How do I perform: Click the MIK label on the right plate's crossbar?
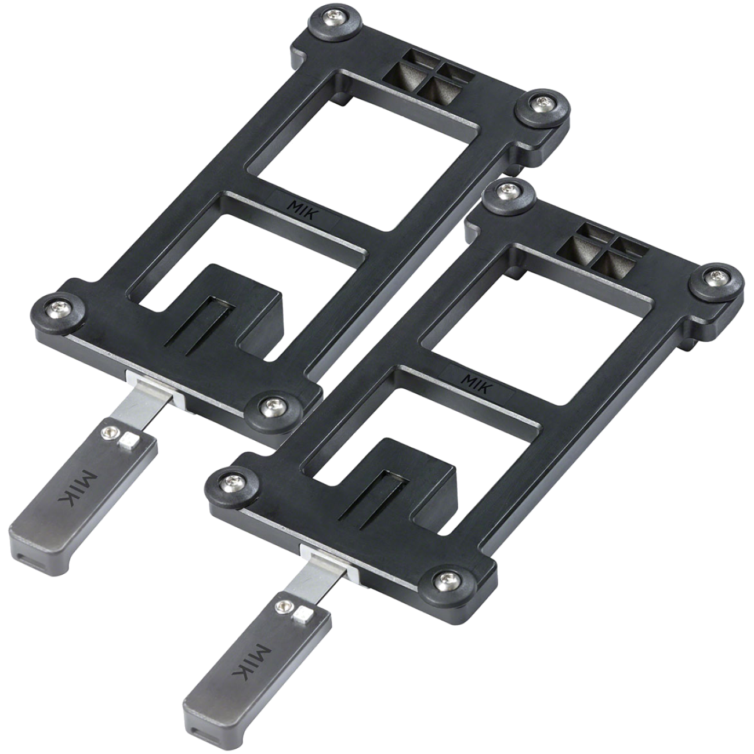(x=477, y=380)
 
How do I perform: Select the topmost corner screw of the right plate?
(x=509, y=190)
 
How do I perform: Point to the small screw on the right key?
(x=284, y=607)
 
